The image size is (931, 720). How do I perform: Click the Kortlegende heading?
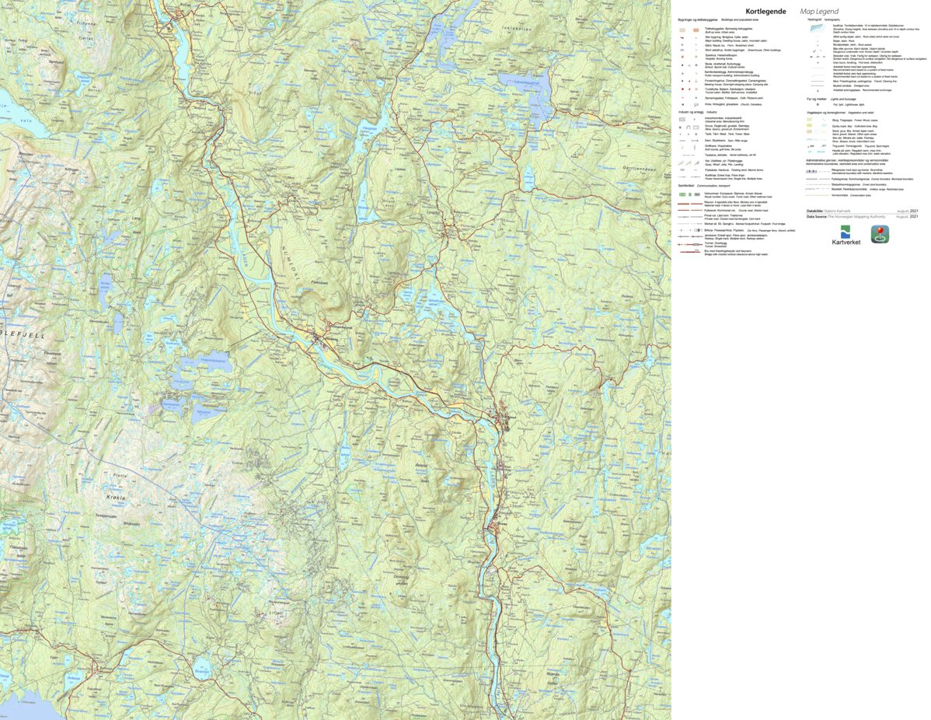(765, 12)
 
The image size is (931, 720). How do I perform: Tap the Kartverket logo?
(846, 234)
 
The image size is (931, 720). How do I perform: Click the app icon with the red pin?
(880, 233)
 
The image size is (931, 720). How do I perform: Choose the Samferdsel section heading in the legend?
(687, 186)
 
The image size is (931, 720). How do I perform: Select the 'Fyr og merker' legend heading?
(819, 100)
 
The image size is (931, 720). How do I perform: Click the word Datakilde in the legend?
(818, 211)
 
